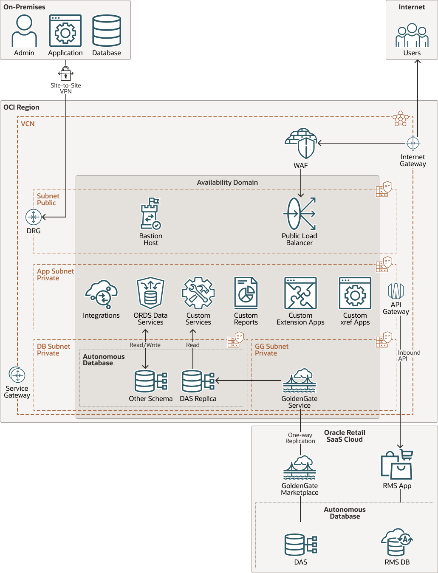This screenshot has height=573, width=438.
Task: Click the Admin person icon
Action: (24, 31)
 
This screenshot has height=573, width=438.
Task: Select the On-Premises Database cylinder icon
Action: (107, 31)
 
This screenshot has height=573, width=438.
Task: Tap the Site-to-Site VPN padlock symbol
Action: (66, 73)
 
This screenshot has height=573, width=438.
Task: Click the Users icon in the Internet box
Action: (412, 36)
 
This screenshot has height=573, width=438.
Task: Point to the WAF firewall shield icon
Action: (301, 144)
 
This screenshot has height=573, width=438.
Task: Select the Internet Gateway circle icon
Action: (413, 143)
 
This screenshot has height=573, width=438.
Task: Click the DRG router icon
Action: (34, 217)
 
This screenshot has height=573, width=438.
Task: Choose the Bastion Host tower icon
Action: (150, 214)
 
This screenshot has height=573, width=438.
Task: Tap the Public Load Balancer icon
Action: (300, 214)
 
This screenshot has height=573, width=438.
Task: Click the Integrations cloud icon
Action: (101, 294)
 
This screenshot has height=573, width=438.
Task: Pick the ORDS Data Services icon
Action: (150, 293)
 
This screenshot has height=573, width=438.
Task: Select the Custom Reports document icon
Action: (246, 293)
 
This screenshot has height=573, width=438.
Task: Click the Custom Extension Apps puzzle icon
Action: (300, 293)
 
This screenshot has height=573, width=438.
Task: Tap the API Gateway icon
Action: (396, 291)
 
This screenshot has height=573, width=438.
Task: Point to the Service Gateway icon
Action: (17, 375)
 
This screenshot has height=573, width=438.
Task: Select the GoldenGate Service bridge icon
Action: (300, 381)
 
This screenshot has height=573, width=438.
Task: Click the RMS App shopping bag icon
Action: (397, 465)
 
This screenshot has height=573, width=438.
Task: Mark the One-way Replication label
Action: (300, 438)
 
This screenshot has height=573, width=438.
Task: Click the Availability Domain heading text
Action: (227, 182)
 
